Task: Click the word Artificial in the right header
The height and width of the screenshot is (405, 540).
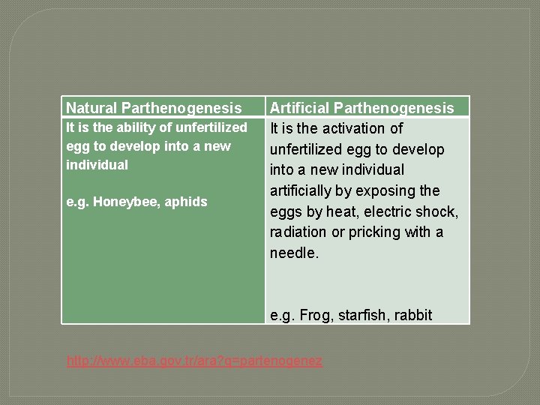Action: click(295, 109)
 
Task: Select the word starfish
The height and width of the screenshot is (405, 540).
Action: click(362, 315)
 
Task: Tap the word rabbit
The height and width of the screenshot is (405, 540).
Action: click(414, 315)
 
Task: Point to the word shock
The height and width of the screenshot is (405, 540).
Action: click(438, 211)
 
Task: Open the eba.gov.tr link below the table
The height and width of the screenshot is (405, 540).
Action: click(194, 361)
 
